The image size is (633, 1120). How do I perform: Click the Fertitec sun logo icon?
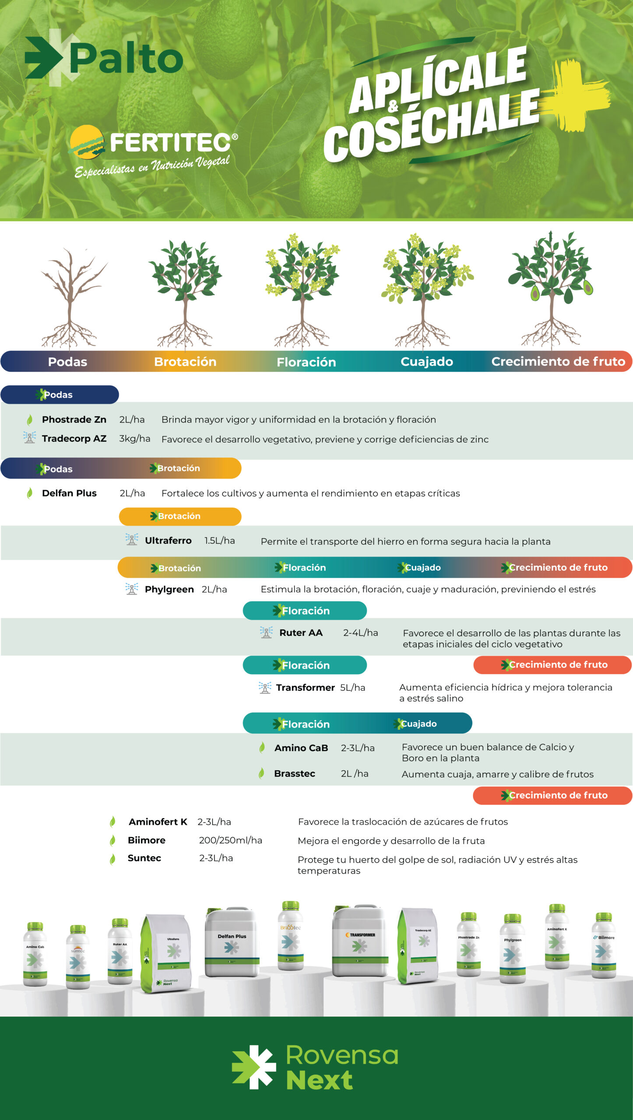pos(87,142)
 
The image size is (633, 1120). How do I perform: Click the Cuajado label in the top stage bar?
pos(427,361)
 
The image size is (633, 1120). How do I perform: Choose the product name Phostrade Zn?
pos(74,420)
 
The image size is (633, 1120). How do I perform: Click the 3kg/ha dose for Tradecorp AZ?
pos(134,438)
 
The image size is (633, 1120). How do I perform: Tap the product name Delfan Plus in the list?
pos(69,493)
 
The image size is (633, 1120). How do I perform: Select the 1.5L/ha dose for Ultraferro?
pos(219,540)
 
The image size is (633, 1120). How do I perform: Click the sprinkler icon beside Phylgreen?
pos(131,589)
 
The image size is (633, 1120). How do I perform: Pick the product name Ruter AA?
pos(301,633)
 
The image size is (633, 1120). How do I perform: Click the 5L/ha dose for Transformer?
pos(352,687)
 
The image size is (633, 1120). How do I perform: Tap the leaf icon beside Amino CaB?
pos(262,748)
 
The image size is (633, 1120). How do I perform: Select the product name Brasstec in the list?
pos(294,773)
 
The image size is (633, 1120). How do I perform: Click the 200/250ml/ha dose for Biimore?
pos(230,840)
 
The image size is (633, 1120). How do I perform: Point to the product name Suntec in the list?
pos(144,858)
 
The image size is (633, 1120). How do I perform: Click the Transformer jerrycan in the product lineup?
pos(360,941)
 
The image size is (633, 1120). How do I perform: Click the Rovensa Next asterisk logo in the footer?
pos(253,1067)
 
